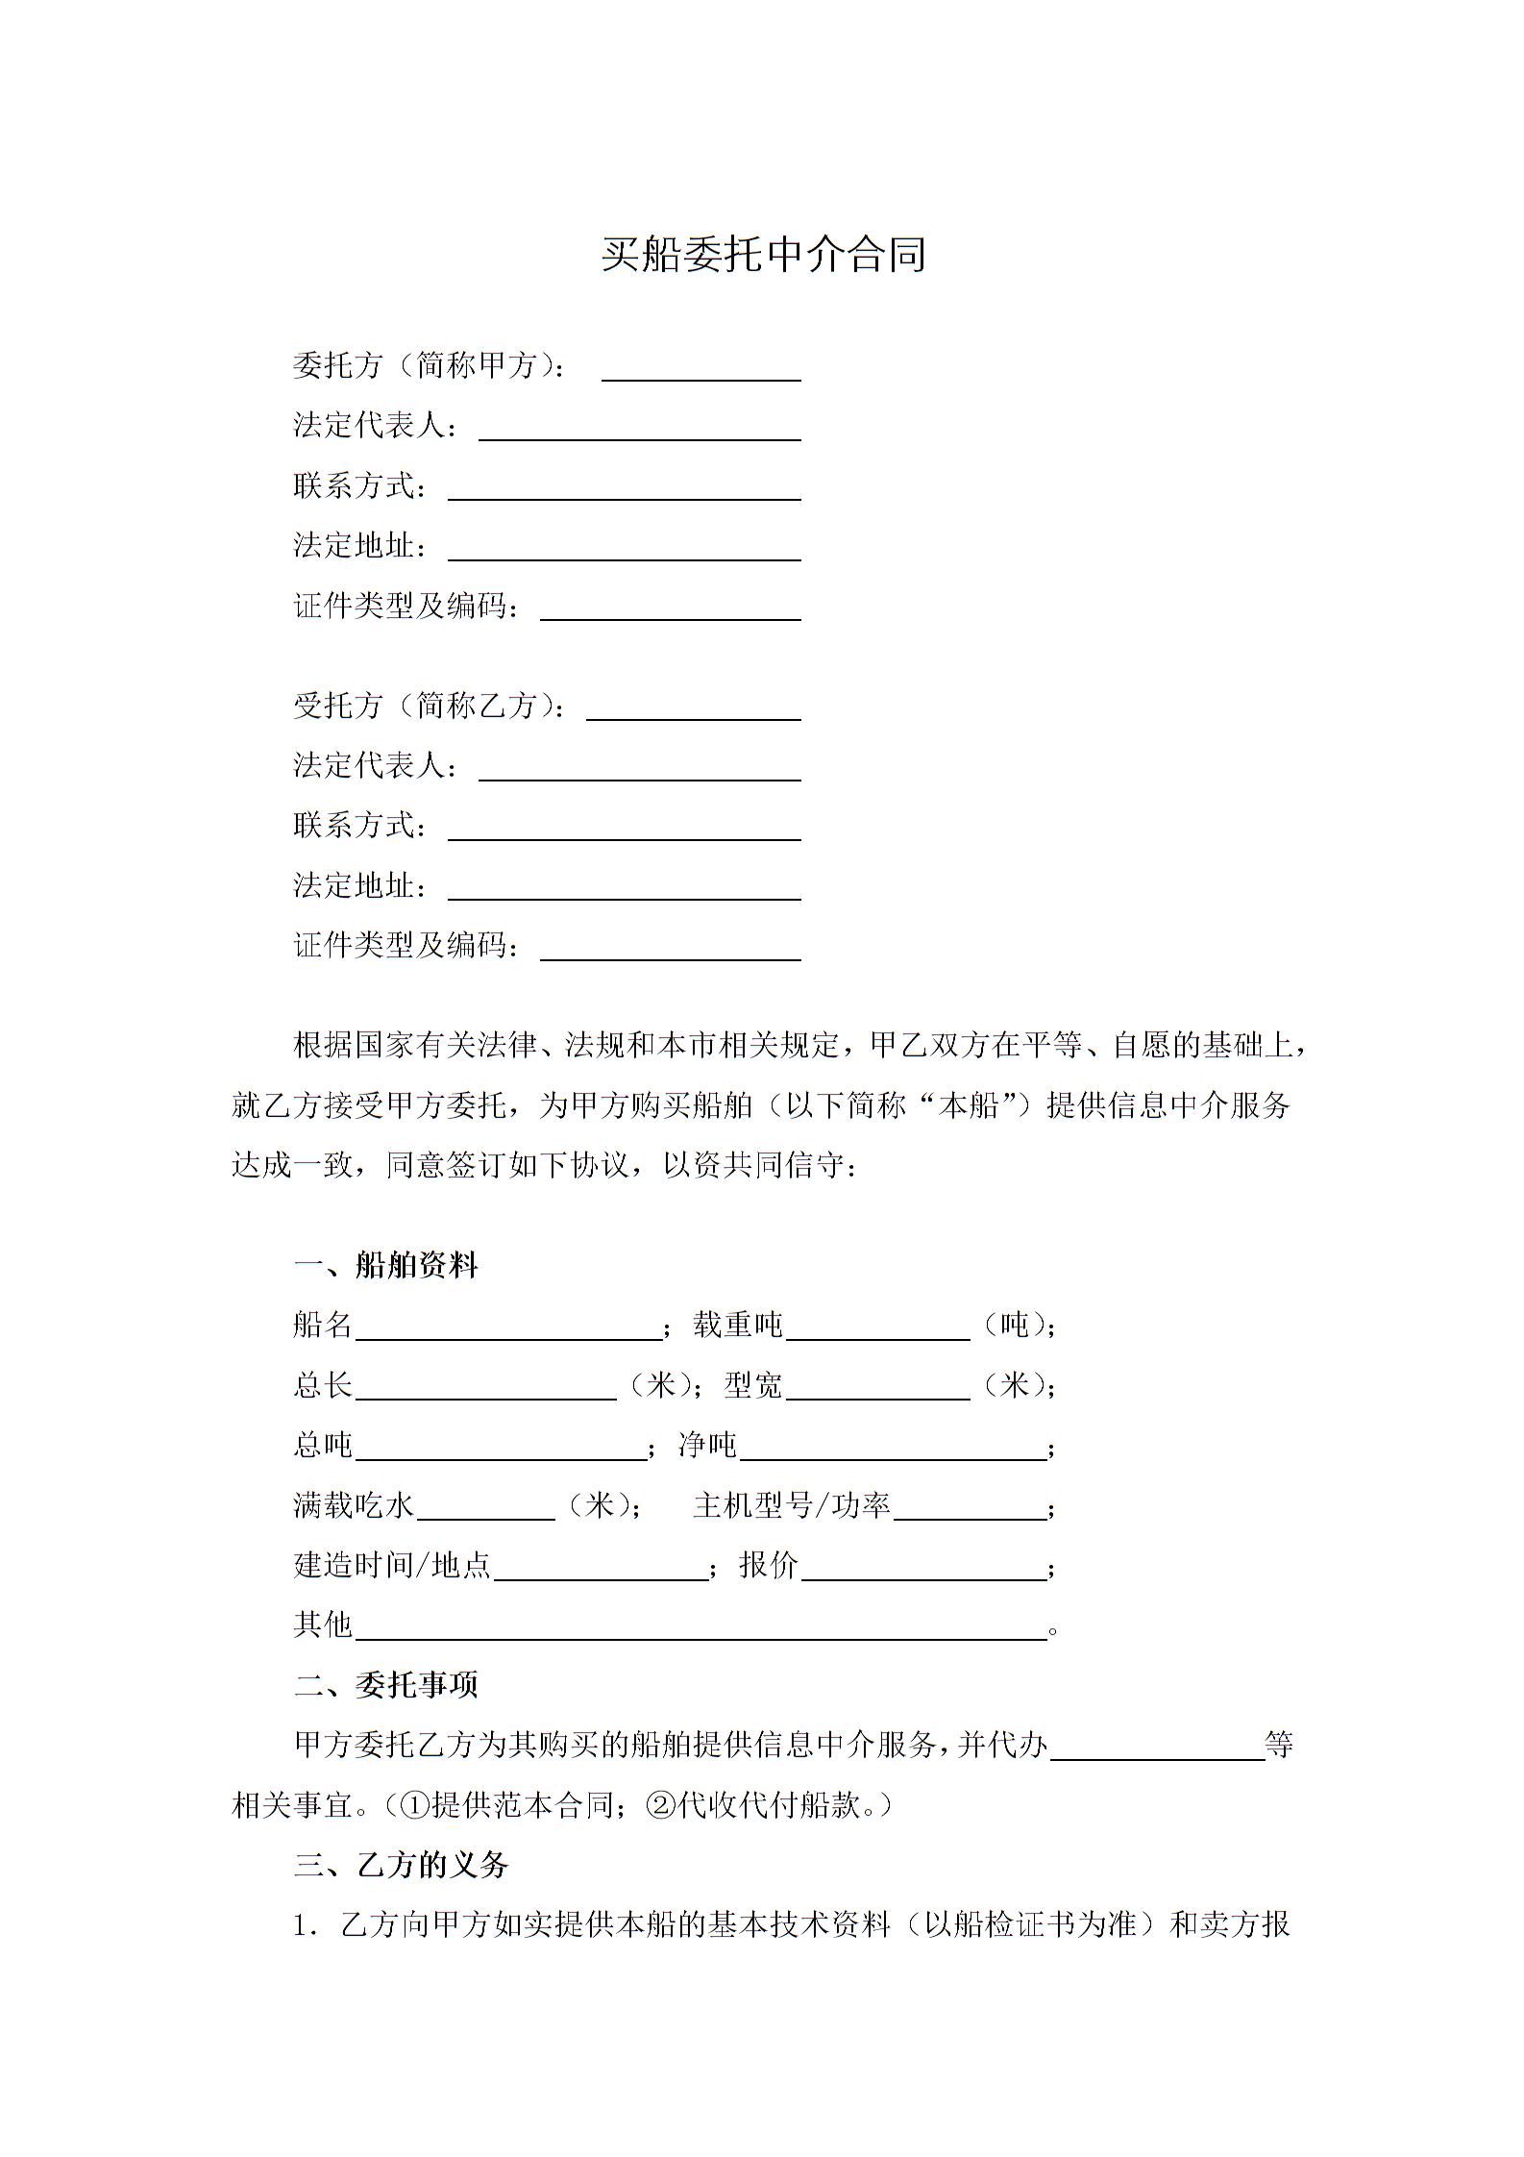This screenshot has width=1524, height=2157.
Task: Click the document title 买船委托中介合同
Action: point(763,255)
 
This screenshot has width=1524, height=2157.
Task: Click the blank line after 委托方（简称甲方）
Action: point(701,370)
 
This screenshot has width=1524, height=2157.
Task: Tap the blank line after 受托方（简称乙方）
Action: point(693,709)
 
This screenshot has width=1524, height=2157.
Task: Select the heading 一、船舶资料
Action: point(385,1265)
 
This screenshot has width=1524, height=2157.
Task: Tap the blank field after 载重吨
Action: point(877,1327)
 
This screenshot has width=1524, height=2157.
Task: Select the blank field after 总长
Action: point(485,1388)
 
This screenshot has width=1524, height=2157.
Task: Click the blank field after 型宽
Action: point(877,1388)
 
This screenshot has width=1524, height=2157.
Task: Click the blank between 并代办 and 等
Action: point(1157,1747)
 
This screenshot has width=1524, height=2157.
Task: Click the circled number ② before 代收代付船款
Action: point(661,1805)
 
